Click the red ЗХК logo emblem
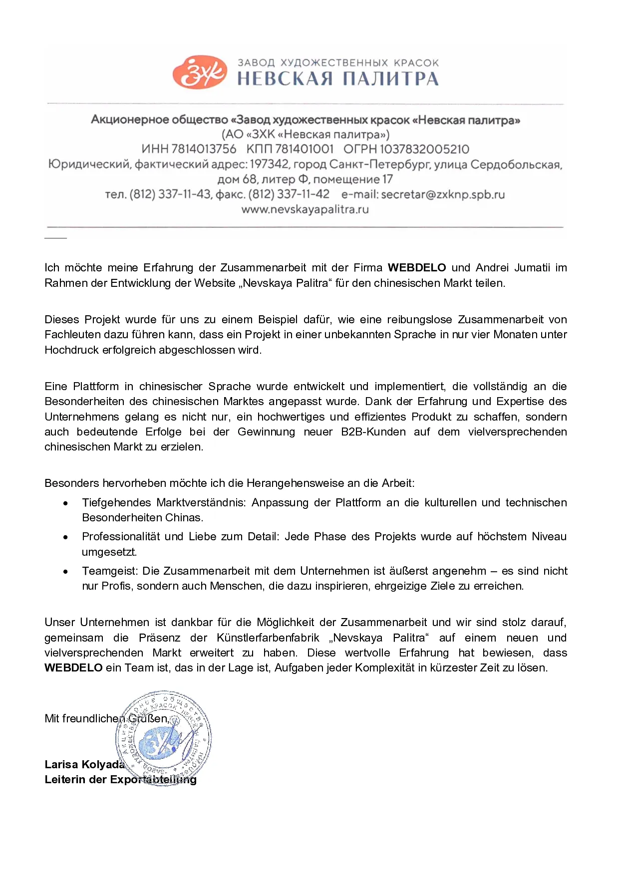pos(199,73)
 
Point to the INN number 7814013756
pos(204,149)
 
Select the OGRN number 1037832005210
pos(424,149)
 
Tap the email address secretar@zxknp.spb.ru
pos(443,195)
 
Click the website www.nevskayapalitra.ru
pos(305,210)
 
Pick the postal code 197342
pos(269,164)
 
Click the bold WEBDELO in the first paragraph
pos(417,268)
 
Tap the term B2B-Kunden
pos(373,432)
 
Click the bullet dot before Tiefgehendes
pos(65,503)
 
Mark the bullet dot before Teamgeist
pos(65,572)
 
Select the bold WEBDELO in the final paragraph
pos(73,668)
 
